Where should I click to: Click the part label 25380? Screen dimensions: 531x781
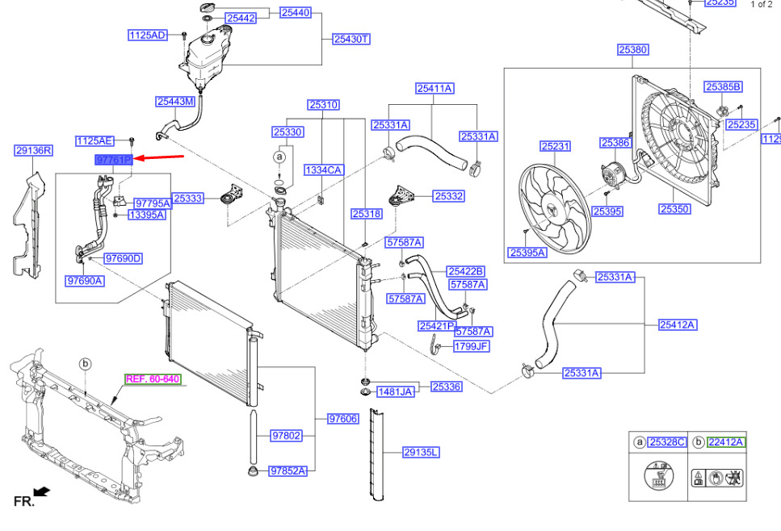[633, 50]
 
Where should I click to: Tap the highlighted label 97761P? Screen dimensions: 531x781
[113, 161]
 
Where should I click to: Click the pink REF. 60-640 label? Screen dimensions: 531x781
[152, 378]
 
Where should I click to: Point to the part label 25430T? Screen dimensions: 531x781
[351, 39]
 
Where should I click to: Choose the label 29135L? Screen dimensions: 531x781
[421, 453]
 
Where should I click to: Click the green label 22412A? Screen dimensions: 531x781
[725, 441]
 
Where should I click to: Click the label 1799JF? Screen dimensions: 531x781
[471, 346]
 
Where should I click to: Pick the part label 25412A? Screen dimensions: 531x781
[677, 325]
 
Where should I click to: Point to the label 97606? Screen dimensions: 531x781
[343, 418]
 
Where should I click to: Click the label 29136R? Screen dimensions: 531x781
[34, 150]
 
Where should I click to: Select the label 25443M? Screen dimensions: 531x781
[175, 102]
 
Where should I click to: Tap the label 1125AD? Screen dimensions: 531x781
[147, 36]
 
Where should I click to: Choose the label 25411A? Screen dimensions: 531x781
[435, 88]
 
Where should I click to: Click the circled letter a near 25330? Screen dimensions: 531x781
[279, 156]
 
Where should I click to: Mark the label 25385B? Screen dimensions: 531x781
[723, 86]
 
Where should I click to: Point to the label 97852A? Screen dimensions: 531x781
[288, 470]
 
